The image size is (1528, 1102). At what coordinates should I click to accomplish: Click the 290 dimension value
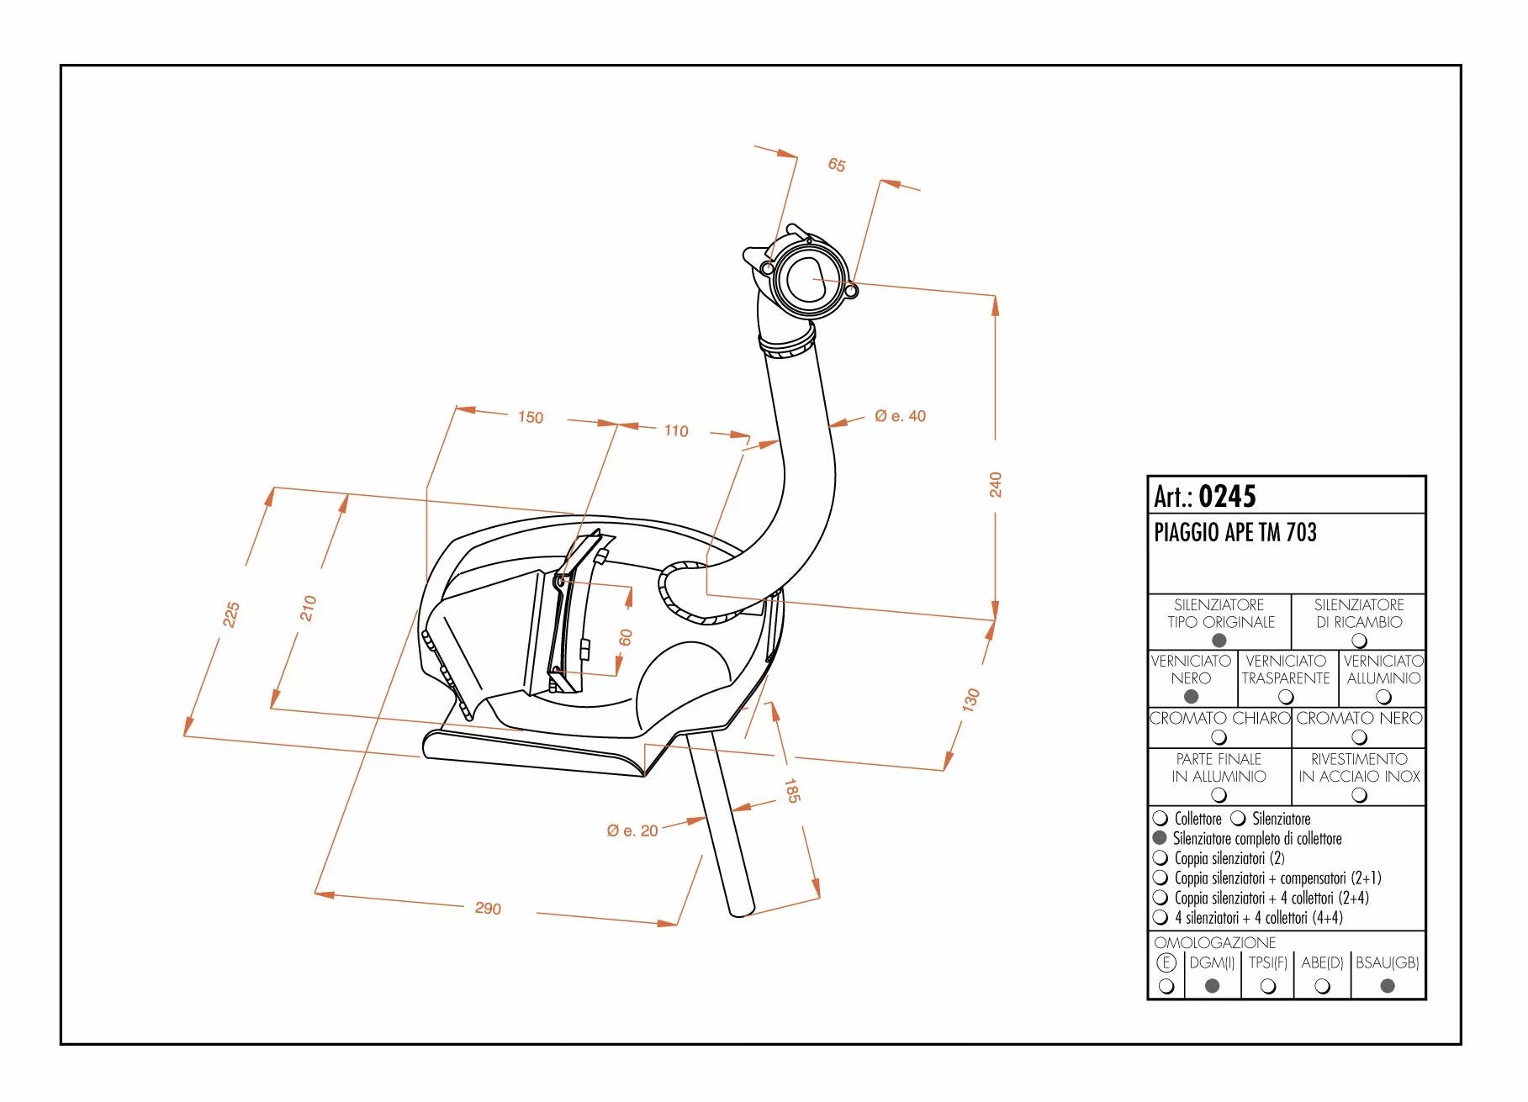point(488,909)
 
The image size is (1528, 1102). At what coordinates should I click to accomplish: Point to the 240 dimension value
point(996,484)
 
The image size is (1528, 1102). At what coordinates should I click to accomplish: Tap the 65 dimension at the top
point(837,165)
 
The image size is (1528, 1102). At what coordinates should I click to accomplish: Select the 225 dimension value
point(231,614)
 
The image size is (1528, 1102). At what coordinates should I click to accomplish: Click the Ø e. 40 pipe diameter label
point(900,416)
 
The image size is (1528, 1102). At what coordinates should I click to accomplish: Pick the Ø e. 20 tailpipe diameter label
point(632,830)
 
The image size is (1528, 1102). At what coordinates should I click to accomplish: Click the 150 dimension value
point(531,417)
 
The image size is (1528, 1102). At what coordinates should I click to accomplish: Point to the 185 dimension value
point(791,790)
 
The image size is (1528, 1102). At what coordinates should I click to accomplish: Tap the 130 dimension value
point(971,699)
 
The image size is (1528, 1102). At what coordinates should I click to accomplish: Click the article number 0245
point(1227,496)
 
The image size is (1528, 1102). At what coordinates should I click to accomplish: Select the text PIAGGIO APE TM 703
point(1235,532)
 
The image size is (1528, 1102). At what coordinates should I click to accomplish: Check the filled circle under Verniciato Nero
point(1191,696)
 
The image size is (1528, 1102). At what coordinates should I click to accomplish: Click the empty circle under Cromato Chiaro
point(1219,737)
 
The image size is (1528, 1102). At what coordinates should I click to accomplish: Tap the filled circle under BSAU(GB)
point(1388,985)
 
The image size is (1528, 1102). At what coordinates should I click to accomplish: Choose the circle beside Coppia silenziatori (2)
point(1161,858)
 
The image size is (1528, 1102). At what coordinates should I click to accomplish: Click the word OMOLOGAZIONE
point(1214,943)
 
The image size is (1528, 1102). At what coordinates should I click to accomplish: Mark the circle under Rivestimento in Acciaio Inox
point(1359,795)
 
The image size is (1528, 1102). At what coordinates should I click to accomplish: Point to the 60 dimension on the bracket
point(625,638)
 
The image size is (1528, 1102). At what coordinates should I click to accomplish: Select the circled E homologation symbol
point(1166,963)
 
